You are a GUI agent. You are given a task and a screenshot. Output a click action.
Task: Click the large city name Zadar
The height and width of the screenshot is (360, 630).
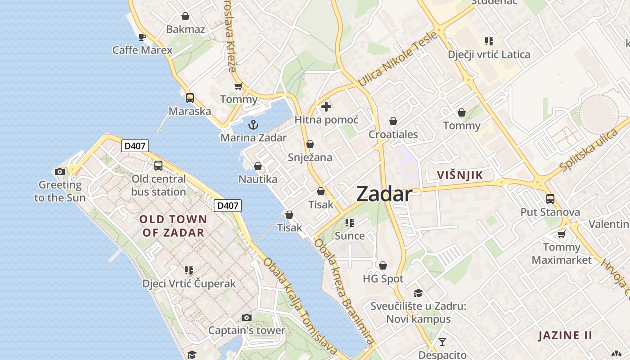point(384,194)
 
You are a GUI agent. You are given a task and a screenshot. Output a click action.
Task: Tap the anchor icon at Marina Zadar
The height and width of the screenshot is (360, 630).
point(253,124)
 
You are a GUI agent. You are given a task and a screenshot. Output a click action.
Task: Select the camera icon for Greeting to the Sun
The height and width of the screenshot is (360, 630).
point(59,171)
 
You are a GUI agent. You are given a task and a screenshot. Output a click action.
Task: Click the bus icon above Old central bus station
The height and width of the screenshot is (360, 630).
point(158,166)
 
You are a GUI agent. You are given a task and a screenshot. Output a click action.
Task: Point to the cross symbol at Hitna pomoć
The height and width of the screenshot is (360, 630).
point(326,107)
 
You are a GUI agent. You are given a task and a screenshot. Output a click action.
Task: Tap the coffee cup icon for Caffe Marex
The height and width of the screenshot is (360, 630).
point(142,37)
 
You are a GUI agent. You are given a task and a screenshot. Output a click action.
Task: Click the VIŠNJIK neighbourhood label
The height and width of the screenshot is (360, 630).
point(460,175)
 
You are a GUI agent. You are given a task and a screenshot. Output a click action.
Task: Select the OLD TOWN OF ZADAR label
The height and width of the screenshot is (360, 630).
point(173,226)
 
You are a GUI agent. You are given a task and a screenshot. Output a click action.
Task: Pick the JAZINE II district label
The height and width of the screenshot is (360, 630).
point(565,335)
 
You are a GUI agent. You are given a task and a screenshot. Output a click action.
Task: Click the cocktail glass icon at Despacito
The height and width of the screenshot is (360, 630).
point(442,342)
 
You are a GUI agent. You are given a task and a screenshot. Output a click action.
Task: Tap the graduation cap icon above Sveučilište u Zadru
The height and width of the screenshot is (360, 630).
point(418,293)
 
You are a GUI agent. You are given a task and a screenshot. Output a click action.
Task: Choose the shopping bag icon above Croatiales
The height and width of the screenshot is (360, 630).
point(393,121)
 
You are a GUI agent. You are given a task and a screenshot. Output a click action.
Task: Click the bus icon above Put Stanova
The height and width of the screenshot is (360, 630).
point(550,198)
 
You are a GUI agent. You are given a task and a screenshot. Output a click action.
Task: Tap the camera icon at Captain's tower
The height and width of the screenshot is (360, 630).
point(246,318)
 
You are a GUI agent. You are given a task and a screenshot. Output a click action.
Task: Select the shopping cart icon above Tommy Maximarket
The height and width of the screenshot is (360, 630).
point(561,234)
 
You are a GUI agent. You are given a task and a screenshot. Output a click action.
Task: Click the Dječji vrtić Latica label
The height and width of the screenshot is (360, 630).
point(489,54)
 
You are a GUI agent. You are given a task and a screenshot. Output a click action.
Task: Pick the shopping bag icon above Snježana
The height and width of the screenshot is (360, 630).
point(310,144)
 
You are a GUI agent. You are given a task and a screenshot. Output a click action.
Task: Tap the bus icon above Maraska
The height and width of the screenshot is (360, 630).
point(190,98)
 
